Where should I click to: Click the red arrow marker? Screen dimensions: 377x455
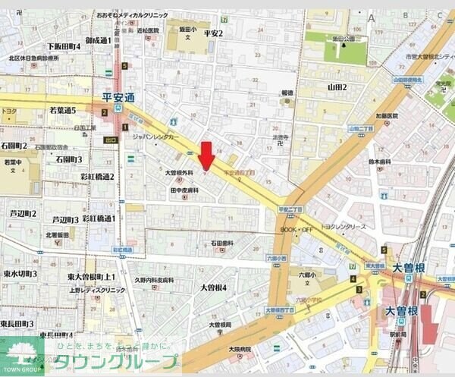coord(206,156)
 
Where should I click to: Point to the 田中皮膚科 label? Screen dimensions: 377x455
coord(184,190)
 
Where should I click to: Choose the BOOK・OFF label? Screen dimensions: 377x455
coord(296,229)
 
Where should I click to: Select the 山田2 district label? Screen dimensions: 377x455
coord(337,87)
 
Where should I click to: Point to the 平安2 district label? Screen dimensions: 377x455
coord(213,33)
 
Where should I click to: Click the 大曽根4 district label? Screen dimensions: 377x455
coord(214,288)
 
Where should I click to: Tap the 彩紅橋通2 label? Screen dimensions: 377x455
coord(97,177)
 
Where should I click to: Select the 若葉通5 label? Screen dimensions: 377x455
coord(63,111)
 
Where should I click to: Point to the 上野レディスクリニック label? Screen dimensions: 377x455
coord(96,290)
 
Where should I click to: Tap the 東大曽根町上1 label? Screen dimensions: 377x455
coord(91,277)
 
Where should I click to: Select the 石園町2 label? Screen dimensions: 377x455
coord(14,146)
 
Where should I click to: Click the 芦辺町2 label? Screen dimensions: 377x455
coord(23,214)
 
